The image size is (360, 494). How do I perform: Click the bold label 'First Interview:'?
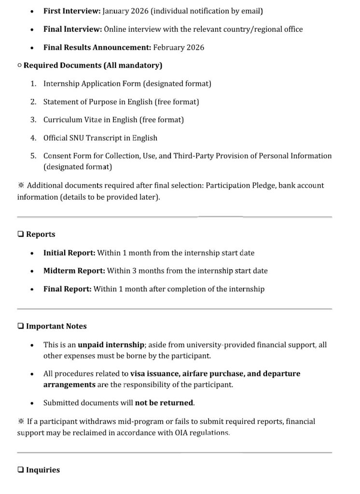click(x=72, y=11)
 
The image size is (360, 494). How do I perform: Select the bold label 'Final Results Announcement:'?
click(x=97, y=47)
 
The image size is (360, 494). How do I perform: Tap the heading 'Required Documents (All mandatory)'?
click(x=93, y=65)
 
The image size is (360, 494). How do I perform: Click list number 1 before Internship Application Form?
click(x=33, y=83)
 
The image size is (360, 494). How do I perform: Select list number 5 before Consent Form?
click(x=33, y=156)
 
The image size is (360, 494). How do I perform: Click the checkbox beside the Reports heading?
click(x=20, y=234)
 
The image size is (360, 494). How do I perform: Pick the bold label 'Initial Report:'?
click(x=69, y=253)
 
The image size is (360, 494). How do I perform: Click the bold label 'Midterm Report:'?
click(x=74, y=271)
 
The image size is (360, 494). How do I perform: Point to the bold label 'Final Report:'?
click(x=67, y=289)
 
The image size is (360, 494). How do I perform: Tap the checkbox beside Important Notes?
click(x=20, y=326)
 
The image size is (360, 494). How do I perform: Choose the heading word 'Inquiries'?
click(x=42, y=470)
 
